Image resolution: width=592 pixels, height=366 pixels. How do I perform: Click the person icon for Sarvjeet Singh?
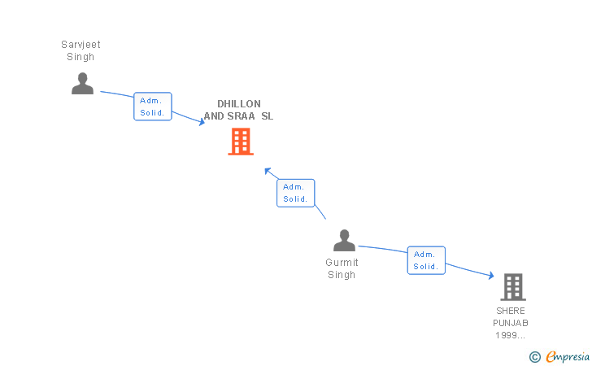[82, 83]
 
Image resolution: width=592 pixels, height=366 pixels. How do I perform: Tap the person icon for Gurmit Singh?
[344, 241]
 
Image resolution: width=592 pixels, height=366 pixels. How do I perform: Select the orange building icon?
[240, 142]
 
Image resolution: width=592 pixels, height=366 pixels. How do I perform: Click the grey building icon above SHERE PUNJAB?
[512, 287]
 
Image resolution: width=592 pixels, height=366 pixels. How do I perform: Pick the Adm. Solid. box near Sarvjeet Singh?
[153, 107]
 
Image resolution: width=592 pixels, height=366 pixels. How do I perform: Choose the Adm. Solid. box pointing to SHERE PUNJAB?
[426, 260]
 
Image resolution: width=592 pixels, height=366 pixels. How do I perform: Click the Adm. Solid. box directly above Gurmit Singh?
[295, 193]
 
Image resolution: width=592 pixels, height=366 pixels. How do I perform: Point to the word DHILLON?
[238, 104]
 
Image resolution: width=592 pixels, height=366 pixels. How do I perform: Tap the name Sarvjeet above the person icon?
[81, 45]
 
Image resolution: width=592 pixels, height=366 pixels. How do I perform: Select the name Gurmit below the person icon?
[342, 263]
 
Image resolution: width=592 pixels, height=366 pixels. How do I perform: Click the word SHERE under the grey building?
[511, 311]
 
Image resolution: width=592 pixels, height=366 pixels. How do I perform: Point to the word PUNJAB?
[511, 323]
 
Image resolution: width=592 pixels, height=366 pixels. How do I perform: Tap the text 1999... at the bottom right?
[511, 335]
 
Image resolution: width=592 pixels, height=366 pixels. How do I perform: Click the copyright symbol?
[534, 356]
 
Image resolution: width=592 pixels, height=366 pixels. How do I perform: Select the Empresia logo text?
[567, 356]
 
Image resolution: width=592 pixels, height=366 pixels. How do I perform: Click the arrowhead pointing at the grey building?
[490, 277]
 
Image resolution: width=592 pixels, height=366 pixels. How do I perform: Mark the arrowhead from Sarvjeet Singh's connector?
[202, 122]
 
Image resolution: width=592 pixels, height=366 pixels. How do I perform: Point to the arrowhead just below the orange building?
[267, 171]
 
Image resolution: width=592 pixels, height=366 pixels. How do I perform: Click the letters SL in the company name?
[267, 116]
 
